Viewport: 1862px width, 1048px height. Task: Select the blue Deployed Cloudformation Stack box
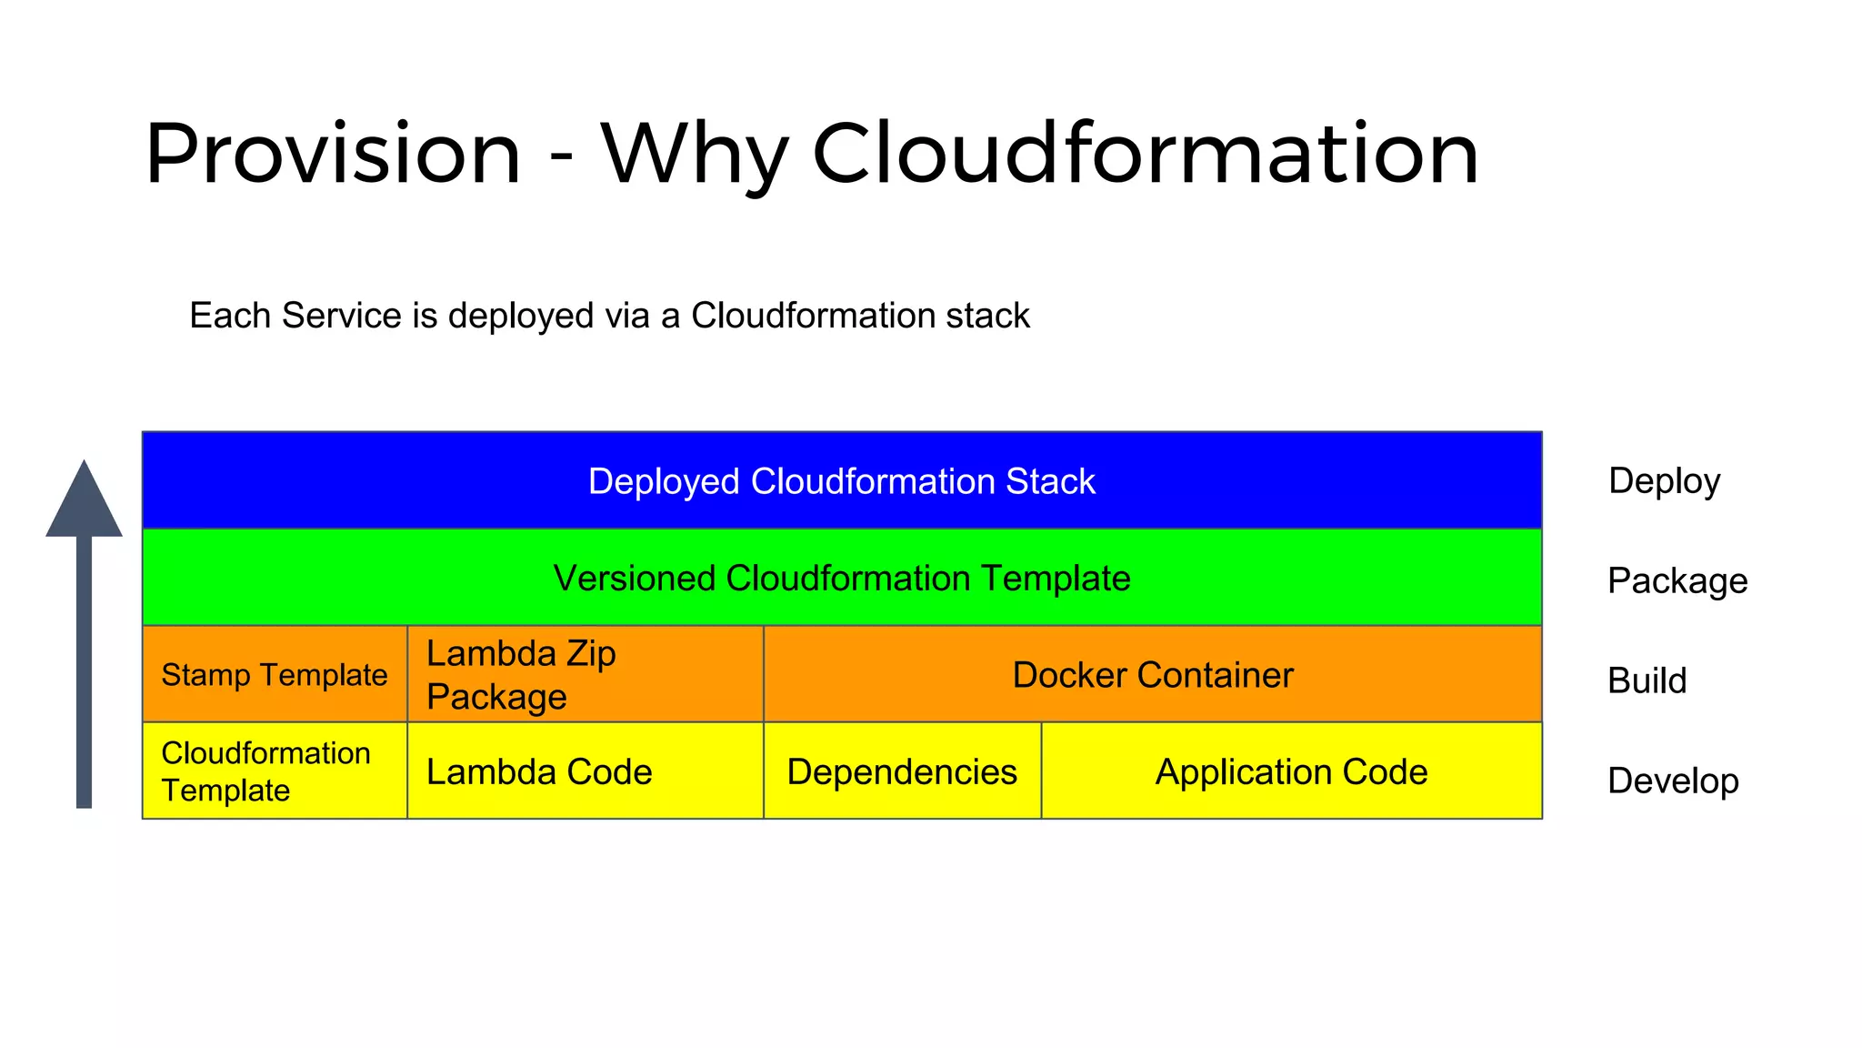842,481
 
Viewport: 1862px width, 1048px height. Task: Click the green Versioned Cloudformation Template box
842,579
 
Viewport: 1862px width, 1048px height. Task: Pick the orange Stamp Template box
275,675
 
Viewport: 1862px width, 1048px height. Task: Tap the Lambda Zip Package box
586,675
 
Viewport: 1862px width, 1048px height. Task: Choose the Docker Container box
1153,675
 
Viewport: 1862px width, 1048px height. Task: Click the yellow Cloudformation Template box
275,771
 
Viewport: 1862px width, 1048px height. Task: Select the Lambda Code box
586,771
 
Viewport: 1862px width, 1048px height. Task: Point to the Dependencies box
902,771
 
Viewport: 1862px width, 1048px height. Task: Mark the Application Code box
1291,771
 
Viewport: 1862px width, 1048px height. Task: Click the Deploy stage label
1664,481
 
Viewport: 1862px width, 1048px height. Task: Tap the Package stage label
1677,581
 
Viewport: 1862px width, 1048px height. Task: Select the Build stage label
1647,680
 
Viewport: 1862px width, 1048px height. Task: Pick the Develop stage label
1673,781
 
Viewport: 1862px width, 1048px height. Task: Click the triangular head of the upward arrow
85,506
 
